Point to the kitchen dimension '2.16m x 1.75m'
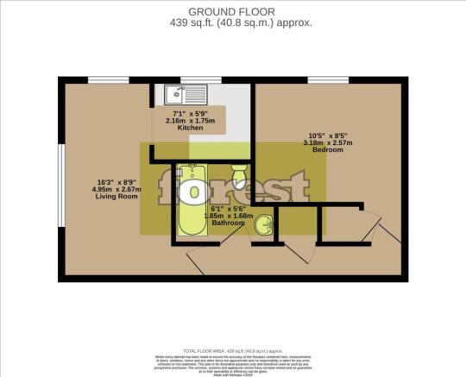click(x=190, y=119)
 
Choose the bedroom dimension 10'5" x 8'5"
click(x=328, y=135)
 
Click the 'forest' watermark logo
click(x=233, y=186)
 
